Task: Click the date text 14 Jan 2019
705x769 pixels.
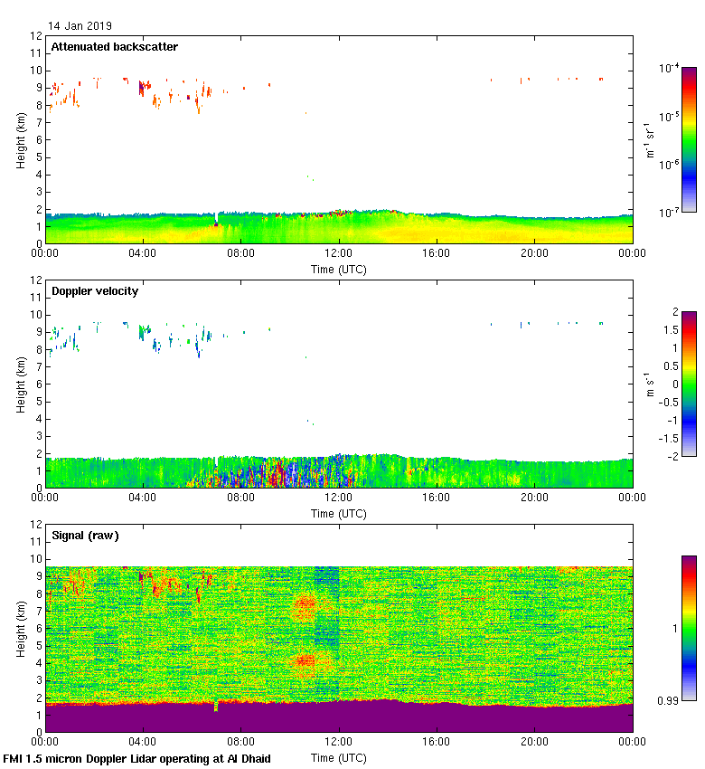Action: pos(80,26)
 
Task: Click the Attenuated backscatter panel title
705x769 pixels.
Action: pos(114,47)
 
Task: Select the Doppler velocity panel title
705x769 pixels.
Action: pos(95,291)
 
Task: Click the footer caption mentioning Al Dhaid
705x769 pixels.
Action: pos(137,758)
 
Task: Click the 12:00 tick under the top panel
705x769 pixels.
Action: pos(339,254)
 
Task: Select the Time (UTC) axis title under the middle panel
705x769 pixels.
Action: pos(339,513)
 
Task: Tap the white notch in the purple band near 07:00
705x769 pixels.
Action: pos(216,707)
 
